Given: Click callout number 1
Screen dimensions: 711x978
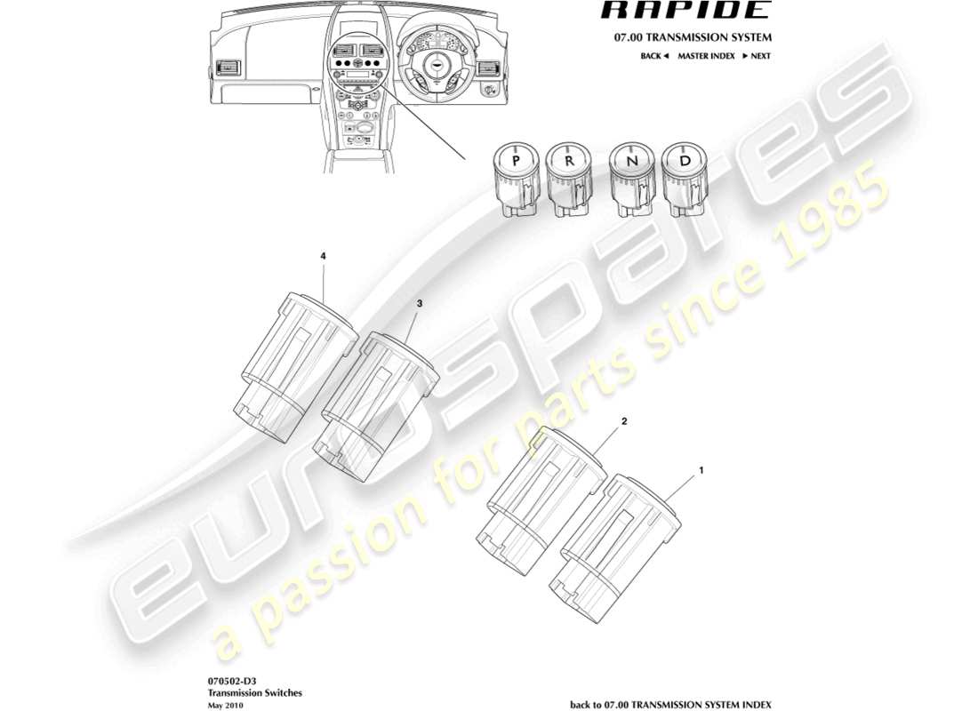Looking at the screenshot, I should (x=701, y=467).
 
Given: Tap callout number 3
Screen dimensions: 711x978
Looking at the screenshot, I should (x=421, y=303).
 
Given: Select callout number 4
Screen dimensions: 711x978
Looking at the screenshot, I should (x=324, y=256).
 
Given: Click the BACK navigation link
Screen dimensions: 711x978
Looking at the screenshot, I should (x=653, y=56).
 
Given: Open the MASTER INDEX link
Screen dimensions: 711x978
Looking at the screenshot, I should (x=705, y=56).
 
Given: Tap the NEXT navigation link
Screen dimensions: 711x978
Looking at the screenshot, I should (x=757, y=56).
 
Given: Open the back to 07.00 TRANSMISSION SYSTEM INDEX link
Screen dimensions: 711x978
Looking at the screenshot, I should (x=670, y=704).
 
